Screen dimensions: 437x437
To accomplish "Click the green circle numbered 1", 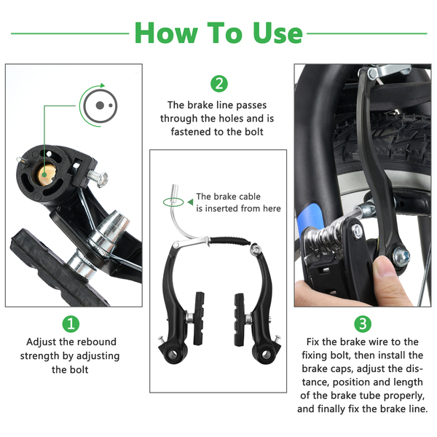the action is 71,324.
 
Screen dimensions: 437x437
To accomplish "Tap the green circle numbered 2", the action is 219,84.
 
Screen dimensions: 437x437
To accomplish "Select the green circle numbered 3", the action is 363,324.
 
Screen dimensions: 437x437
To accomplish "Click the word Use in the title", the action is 277,34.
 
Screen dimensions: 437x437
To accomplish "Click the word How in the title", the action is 166,33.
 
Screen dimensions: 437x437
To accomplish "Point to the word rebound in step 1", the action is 97,342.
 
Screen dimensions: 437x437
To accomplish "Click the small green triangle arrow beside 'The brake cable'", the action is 190,202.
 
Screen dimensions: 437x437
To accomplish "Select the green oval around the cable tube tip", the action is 173,202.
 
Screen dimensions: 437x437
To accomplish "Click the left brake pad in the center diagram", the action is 199,318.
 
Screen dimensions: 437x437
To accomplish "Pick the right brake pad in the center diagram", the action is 240,320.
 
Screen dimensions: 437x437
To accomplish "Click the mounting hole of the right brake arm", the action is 265,355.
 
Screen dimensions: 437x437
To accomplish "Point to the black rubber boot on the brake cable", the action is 230,241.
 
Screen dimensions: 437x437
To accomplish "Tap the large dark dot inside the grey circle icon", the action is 100,106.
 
